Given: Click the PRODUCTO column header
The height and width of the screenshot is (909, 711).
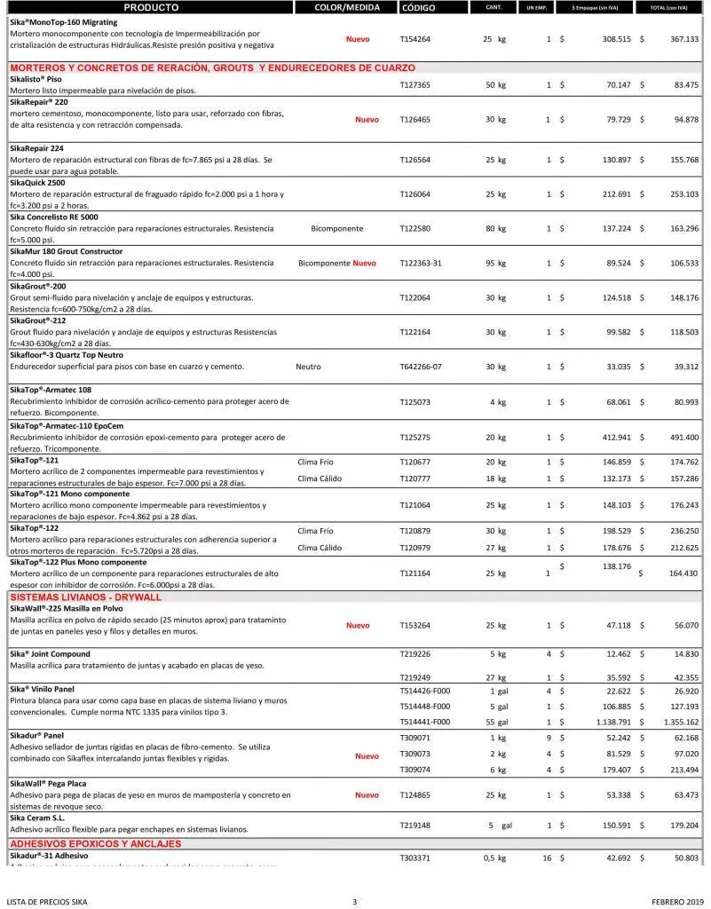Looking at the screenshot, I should (151, 8).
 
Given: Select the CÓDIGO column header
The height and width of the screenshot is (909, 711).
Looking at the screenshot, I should (418, 8).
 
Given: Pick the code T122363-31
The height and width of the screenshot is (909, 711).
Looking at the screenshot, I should (421, 263).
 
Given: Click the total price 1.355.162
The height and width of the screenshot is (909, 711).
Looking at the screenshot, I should (681, 722).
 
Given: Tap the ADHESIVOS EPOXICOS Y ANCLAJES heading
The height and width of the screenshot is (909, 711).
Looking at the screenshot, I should (96, 844).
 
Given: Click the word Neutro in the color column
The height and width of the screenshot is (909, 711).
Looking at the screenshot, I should (308, 367).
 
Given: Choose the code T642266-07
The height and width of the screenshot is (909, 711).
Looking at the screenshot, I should (421, 367).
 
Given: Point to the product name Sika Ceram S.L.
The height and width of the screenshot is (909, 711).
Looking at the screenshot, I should (37, 818).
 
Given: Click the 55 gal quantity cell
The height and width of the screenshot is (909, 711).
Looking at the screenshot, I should (495, 722).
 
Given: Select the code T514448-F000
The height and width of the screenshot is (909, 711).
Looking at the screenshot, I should (425, 707).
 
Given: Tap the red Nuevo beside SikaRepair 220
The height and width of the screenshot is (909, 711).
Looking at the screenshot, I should (367, 120).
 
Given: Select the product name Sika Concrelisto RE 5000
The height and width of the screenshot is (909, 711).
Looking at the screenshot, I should (54, 217).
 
